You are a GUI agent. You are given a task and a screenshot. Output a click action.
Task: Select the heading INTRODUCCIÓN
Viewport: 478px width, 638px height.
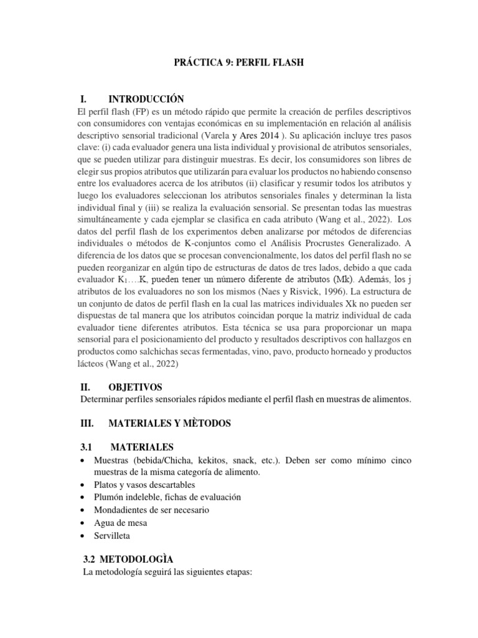pos(147,99)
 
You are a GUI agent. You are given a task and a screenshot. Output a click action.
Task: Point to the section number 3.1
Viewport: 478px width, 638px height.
pos(88,447)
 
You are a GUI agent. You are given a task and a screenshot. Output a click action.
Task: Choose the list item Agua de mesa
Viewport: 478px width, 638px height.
pos(121,523)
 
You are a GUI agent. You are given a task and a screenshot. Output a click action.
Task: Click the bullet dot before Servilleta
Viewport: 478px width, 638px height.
pos(83,536)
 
